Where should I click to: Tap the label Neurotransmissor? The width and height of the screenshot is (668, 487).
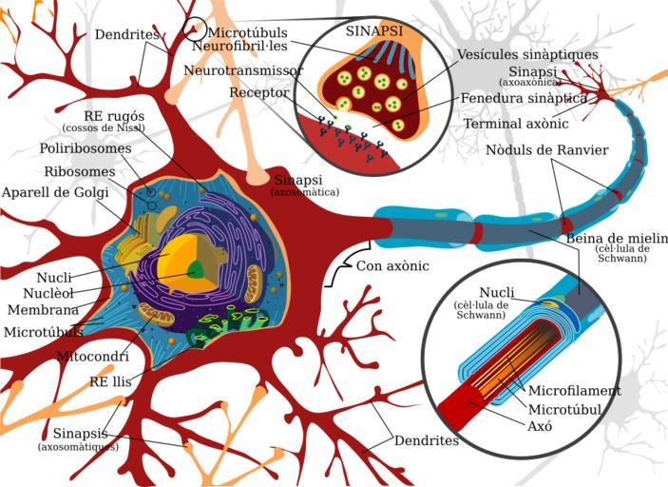click(x=244, y=71)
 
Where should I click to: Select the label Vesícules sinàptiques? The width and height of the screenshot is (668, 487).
click(x=525, y=54)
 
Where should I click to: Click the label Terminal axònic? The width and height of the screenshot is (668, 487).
click(x=516, y=124)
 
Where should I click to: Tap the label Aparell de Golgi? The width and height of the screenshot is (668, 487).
click(x=55, y=192)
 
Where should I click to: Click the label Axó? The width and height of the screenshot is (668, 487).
click(x=540, y=426)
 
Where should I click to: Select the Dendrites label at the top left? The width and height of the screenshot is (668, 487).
click(x=126, y=35)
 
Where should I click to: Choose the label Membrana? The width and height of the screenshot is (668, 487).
click(x=43, y=310)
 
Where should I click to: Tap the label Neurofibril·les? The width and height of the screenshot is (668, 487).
click(x=252, y=46)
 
